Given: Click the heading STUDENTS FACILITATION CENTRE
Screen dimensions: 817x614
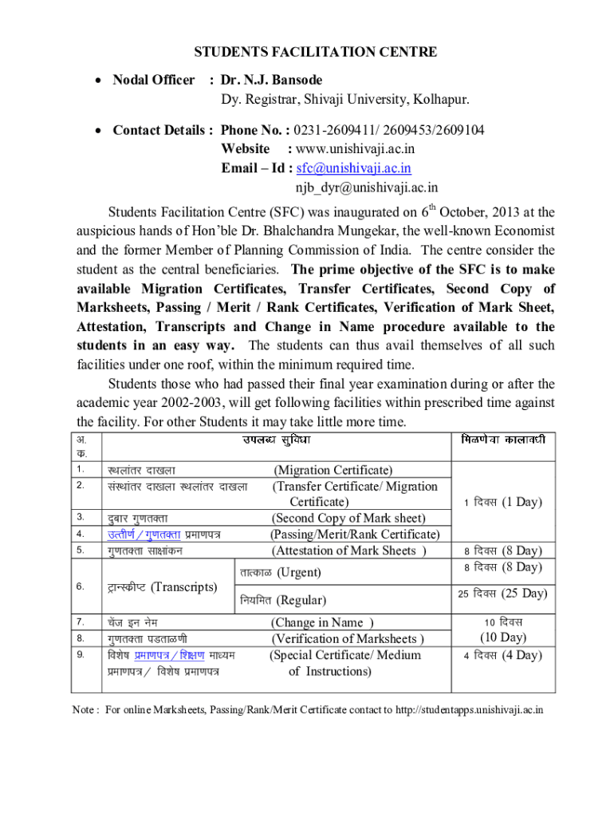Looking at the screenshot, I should [x=316, y=53].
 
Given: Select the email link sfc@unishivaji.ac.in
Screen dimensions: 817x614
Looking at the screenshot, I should [x=353, y=168].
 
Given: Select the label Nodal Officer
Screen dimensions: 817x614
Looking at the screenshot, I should [x=153, y=81].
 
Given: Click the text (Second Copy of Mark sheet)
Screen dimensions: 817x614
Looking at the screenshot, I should [x=348, y=519].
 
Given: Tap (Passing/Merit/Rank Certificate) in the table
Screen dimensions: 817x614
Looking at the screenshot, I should [x=355, y=535].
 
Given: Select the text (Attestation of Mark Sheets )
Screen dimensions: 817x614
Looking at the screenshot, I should [x=349, y=551].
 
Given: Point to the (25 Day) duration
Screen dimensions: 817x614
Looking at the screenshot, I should [x=522, y=594].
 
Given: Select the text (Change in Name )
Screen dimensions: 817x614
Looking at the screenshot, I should [x=323, y=622].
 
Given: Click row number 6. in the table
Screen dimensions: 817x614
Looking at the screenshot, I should [x=81, y=586].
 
